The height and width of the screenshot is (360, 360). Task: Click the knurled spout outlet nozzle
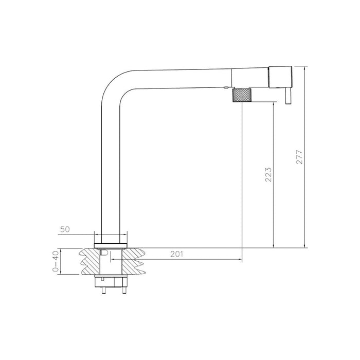point(243,96)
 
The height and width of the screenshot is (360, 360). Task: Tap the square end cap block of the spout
point(280,77)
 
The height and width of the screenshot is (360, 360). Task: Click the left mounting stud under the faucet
point(105,290)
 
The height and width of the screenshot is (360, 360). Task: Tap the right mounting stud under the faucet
point(123,290)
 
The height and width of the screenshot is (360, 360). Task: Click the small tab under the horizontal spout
point(226,88)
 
